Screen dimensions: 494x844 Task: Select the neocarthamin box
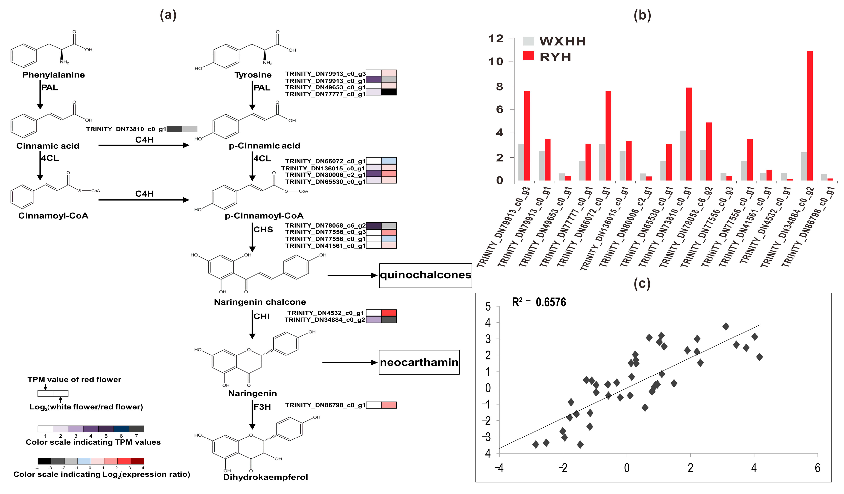tap(419, 362)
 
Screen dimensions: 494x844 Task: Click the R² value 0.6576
tap(551, 302)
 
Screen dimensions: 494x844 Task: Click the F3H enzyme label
tap(262, 407)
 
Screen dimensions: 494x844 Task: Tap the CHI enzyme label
tap(261, 316)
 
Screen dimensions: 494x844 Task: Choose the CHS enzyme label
tap(263, 230)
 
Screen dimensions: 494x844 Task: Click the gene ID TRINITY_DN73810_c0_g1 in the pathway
tap(126, 129)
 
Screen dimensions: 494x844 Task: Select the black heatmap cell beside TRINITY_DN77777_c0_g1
tap(389, 92)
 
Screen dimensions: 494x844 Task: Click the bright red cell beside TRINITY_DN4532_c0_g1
tap(389, 313)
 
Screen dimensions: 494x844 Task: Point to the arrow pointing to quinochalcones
tap(352, 276)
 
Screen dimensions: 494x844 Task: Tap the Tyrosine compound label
tap(253, 75)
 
